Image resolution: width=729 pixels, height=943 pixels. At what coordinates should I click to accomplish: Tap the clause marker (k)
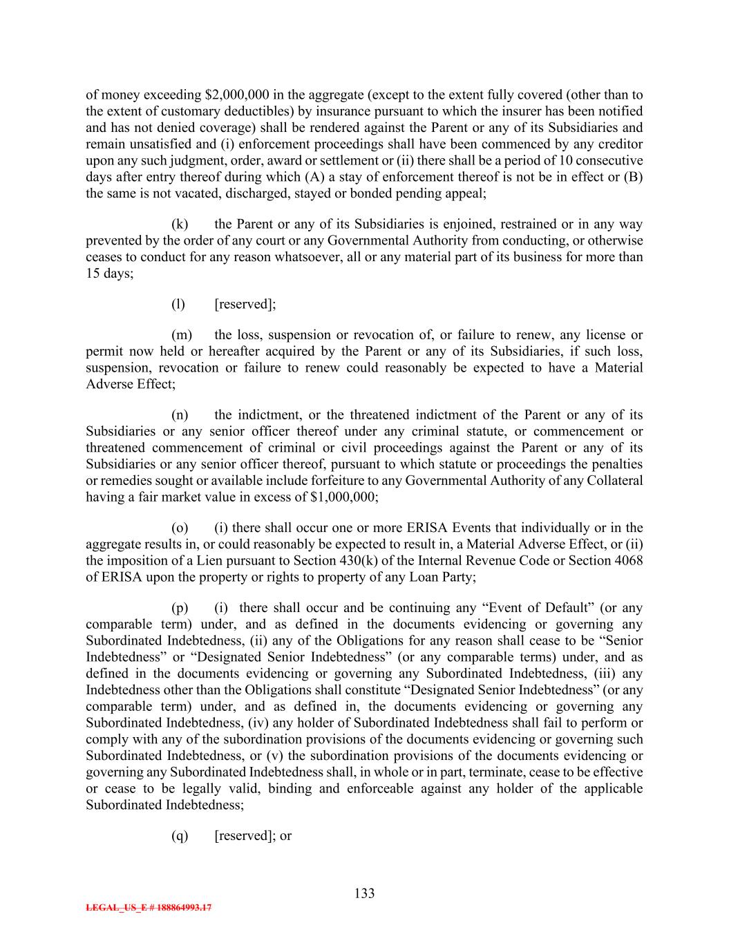(180, 225)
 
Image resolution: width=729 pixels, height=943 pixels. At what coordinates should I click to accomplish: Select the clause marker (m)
(182, 335)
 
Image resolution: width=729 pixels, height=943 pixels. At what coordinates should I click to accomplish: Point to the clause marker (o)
(180, 528)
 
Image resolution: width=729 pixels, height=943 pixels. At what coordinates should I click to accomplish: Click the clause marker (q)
(180, 836)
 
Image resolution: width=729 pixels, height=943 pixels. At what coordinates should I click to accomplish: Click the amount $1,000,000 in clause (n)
(339, 497)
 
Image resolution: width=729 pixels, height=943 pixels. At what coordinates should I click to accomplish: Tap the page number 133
(364, 894)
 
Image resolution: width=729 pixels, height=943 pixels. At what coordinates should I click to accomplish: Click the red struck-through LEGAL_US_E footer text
(149, 908)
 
